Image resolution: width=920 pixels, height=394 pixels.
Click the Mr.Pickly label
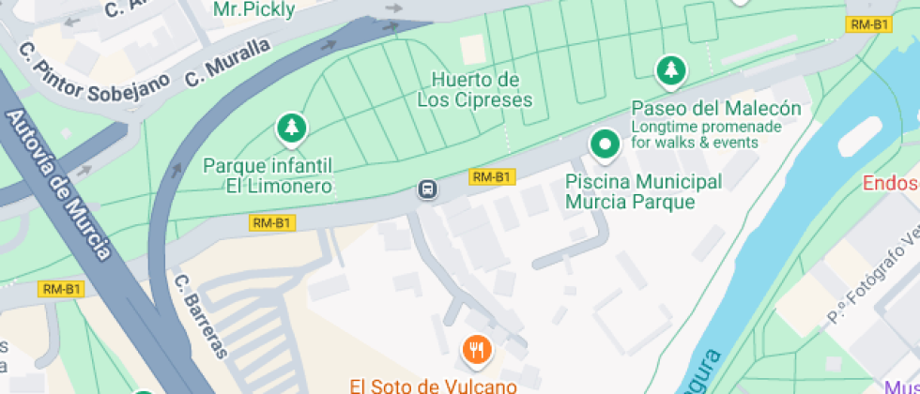(x=254, y=9)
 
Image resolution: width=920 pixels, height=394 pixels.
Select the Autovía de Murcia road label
(x=57, y=184)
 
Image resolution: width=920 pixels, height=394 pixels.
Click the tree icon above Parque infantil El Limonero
(x=291, y=127)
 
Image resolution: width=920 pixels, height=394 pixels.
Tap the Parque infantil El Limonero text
(x=268, y=175)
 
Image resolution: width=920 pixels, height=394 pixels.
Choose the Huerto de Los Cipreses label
(x=475, y=89)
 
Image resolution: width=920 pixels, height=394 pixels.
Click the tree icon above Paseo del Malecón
(x=670, y=68)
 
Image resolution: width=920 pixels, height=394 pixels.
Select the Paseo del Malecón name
(x=715, y=108)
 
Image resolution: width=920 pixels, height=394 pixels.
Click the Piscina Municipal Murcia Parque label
(x=643, y=190)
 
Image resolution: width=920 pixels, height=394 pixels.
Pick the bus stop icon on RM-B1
(x=428, y=189)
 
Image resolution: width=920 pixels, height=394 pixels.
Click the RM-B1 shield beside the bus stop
(x=492, y=176)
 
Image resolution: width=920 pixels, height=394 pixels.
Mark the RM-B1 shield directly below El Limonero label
(x=272, y=223)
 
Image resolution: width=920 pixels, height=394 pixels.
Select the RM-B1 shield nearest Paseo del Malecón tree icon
(x=868, y=24)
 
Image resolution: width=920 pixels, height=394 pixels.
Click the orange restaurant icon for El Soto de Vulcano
(x=478, y=350)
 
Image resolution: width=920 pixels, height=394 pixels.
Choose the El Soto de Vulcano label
(x=433, y=385)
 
